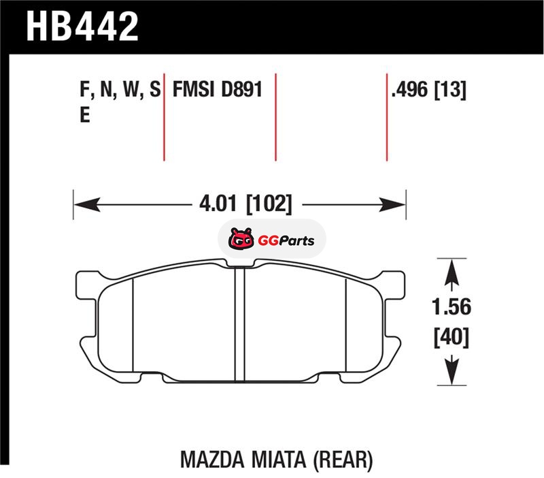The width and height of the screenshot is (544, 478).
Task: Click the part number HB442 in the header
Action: pyautogui.click(x=82, y=27)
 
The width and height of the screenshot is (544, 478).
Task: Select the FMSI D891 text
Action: pyautogui.click(x=218, y=89)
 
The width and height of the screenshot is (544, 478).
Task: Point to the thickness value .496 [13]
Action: pyautogui.click(x=428, y=90)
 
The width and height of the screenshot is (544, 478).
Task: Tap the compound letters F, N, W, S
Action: pyautogui.click(x=120, y=90)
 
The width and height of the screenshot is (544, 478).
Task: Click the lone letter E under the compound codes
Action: pyautogui.click(x=85, y=114)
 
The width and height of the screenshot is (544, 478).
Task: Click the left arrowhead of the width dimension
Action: pyautogui.click(x=87, y=204)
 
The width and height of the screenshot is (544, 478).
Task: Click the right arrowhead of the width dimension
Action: pyautogui.click(x=392, y=204)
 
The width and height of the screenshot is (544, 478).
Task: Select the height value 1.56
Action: pyautogui.click(x=452, y=307)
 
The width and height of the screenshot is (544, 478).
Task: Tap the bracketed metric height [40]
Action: pyautogui.click(x=452, y=336)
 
